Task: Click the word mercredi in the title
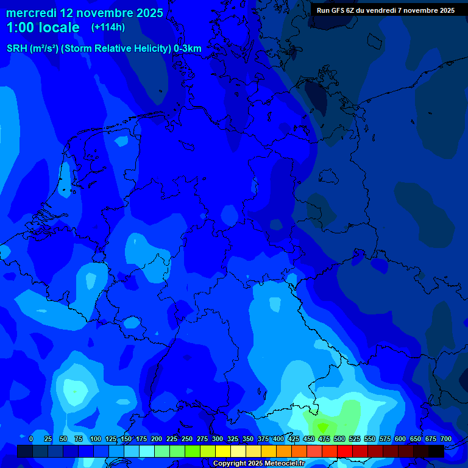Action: coord(31,13)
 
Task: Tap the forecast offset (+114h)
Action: coord(108,27)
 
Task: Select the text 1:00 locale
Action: coord(43,27)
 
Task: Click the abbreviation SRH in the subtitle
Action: coord(17,49)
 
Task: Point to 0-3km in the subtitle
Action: coord(188,49)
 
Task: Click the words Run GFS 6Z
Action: coord(340,10)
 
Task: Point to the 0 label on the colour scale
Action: coord(31,439)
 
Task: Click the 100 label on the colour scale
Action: coord(96,439)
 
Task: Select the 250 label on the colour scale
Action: coord(187,439)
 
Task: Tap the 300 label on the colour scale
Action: coord(218,439)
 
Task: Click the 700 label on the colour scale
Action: coord(446,439)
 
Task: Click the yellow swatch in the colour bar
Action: coord(223,452)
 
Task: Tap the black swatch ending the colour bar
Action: coord(436,452)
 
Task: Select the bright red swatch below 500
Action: coord(345,452)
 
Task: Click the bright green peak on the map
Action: coord(322,426)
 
